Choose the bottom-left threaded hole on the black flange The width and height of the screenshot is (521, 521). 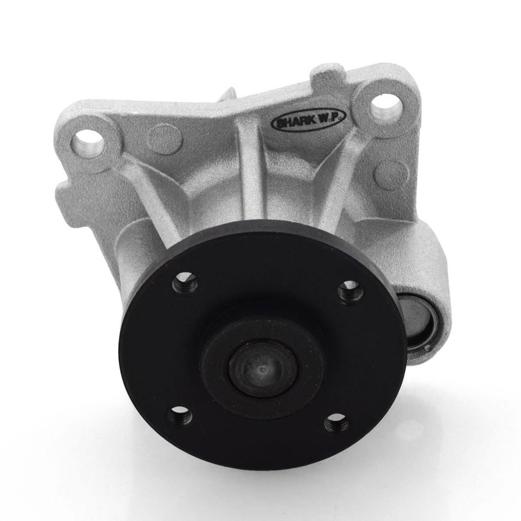[181, 415]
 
